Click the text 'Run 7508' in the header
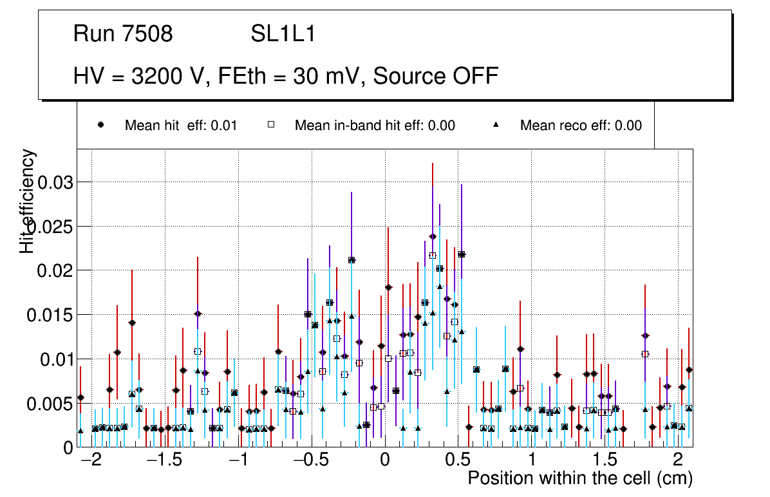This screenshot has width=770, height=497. [123, 34]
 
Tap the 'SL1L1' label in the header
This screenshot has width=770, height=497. [283, 34]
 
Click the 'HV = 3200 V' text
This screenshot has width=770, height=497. [140, 76]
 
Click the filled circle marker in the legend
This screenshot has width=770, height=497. [100, 126]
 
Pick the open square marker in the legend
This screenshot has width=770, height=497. [272, 126]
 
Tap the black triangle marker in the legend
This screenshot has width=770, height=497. [496, 126]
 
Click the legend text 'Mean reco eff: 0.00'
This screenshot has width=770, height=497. [581, 126]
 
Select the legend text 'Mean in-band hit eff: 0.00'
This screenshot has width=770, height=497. [375, 126]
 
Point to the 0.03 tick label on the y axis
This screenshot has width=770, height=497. [56, 182]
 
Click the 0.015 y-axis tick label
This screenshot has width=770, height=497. [50, 315]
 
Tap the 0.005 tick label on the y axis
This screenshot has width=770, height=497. [50, 404]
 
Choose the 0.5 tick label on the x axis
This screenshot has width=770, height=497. [458, 461]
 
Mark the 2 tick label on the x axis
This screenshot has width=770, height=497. [678, 461]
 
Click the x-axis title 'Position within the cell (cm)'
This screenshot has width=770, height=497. [579, 478]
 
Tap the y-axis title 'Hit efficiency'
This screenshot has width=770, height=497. [28, 201]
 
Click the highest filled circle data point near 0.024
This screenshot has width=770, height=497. [433, 237]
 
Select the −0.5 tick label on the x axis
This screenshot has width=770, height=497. [311, 461]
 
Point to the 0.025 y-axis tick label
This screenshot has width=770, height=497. [50, 227]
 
